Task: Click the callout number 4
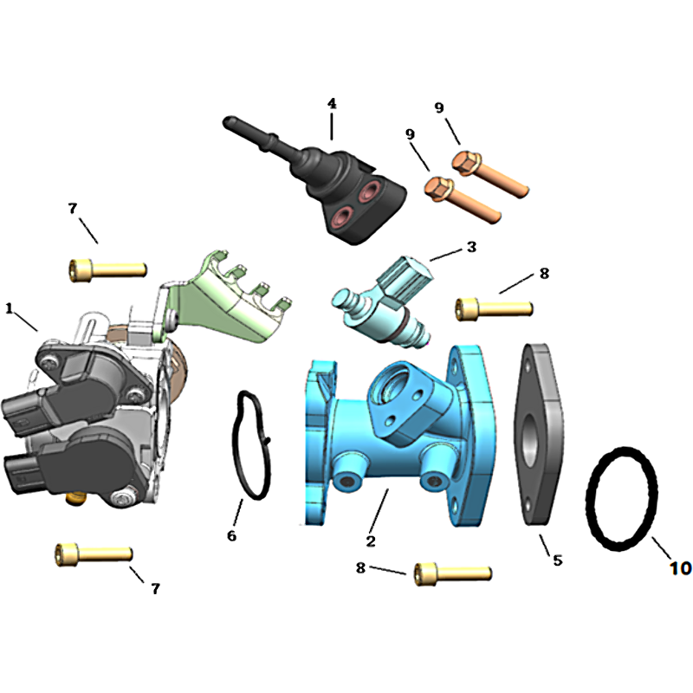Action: [332, 104]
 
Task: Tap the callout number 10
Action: [680, 568]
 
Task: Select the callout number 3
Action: [471, 247]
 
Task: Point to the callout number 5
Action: [558, 560]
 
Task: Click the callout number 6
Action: [231, 535]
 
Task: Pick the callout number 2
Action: [371, 541]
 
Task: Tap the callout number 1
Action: [9, 308]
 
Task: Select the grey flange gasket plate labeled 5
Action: [539, 434]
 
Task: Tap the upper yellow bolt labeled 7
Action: [107, 269]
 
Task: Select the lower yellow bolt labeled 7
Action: [94, 554]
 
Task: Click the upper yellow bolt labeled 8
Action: [494, 308]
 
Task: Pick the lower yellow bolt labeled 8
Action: [453, 574]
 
